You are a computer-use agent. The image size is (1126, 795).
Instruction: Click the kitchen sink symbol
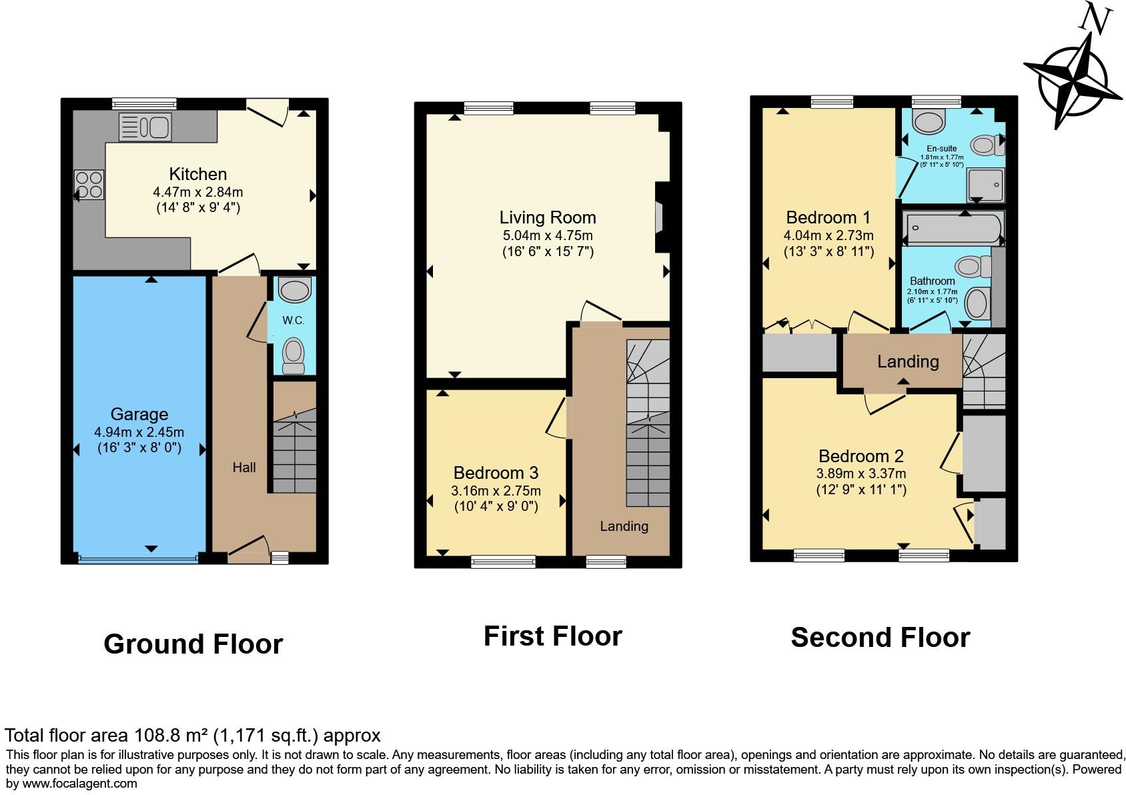point(145,127)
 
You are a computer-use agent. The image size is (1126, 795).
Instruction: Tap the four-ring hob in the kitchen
point(89,185)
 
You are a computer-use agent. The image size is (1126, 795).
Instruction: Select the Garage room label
point(139,414)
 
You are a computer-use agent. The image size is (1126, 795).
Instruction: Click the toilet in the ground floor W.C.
point(294,355)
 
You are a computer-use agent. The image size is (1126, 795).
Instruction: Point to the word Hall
point(244,468)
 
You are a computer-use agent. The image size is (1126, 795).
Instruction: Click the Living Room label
point(547,217)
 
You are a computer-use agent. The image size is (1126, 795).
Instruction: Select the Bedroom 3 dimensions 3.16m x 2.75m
point(496,491)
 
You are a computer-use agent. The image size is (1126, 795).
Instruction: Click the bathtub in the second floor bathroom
point(952,228)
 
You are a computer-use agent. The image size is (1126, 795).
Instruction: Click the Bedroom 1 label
point(828,217)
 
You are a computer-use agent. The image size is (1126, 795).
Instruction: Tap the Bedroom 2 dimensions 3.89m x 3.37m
point(861,474)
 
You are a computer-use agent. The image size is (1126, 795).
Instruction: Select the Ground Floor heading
point(193,644)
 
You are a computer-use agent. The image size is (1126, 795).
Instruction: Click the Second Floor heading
point(880,638)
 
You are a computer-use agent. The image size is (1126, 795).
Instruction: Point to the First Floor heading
point(552,636)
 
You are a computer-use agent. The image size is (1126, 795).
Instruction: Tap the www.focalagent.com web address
point(80,784)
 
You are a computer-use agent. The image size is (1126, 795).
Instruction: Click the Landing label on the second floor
point(907,361)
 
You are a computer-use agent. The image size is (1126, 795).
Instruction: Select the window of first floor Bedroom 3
point(503,562)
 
